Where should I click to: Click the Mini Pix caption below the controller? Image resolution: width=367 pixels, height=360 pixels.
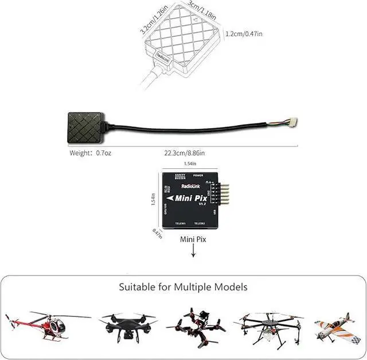[193, 238]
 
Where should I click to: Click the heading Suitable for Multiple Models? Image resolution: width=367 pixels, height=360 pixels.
[183, 286]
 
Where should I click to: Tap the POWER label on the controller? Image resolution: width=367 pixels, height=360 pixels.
[198, 175]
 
